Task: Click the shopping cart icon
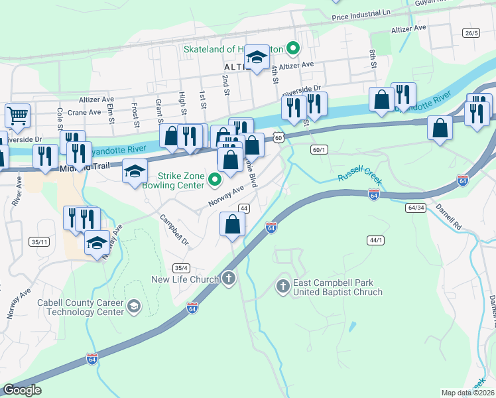click(17, 115)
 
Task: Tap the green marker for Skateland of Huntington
click(292, 49)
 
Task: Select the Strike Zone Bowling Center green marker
click(214, 179)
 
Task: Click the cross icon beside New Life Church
click(229, 279)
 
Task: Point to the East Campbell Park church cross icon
click(283, 287)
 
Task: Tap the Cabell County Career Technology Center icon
click(134, 306)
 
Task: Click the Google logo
click(22, 391)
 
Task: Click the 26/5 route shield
click(471, 33)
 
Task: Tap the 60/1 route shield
click(318, 150)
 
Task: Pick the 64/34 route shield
click(416, 208)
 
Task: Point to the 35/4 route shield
click(181, 268)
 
